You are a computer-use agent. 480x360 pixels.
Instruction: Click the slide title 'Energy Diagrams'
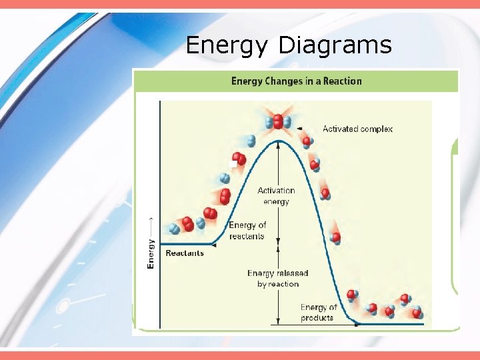click(288, 45)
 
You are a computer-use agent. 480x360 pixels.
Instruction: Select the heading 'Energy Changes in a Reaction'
click(296, 81)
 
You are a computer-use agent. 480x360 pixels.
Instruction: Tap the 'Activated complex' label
click(357, 129)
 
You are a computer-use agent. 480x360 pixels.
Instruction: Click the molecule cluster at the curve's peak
click(277, 122)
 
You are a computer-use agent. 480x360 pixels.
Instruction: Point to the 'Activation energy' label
click(276, 196)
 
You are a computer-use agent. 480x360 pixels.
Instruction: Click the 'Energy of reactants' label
click(247, 231)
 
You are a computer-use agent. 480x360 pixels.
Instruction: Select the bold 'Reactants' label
click(184, 253)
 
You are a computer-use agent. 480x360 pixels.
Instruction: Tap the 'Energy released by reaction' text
click(277, 279)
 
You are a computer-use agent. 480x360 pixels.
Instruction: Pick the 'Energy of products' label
click(318, 312)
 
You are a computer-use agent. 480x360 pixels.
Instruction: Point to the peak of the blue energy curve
click(277, 141)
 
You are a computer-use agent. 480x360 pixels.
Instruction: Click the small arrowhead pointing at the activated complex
click(299, 129)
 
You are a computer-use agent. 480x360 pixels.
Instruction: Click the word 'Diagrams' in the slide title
click(335, 45)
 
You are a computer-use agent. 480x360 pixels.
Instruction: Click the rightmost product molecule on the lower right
click(417, 311)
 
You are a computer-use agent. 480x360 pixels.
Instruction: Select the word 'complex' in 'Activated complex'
click(376, 129)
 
